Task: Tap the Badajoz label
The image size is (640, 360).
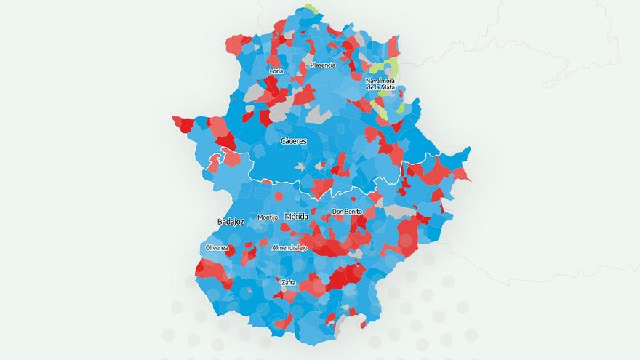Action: (230, 221)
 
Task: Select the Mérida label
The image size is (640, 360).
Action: (296, 217)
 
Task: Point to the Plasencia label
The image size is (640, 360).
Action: (323, 65)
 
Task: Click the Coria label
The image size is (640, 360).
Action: (276, 71)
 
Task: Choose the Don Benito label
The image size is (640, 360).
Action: (347, 212)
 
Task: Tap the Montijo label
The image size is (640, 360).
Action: (268, 217)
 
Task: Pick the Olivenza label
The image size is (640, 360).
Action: (217, 248)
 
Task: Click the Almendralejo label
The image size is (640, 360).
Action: (289, 248)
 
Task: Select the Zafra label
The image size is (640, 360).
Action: (289, 282)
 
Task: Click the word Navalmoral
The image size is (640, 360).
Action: (383, 80)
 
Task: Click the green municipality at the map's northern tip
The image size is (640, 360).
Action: (312, 9)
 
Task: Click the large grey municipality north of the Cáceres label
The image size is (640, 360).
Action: (318, 114)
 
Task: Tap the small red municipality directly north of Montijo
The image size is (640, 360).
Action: (279, 196)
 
